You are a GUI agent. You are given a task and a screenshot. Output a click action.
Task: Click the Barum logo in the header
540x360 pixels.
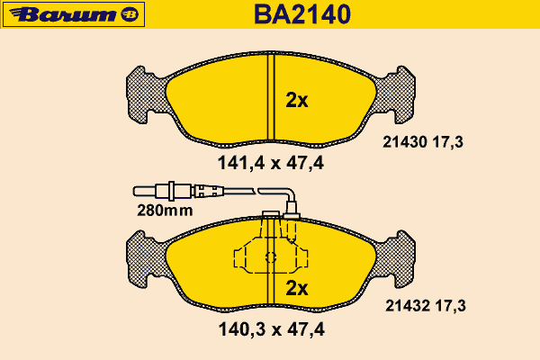(74, 14)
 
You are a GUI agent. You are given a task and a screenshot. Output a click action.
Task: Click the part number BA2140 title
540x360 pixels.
(302, 14)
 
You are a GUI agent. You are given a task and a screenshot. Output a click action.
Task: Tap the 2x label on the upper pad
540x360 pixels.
(297, 100)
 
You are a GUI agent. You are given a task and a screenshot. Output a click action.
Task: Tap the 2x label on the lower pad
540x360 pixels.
(297, 288)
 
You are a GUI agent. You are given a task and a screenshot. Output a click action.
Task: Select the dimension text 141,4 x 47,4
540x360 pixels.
(271, 163)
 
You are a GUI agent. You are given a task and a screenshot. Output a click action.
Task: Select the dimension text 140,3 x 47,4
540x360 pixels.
(272, 329)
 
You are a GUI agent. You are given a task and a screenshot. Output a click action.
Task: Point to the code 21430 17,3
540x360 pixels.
(423, 142)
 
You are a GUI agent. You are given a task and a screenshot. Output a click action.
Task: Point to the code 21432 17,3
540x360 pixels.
(426, 306)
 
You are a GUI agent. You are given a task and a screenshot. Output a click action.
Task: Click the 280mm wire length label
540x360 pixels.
(165, 210)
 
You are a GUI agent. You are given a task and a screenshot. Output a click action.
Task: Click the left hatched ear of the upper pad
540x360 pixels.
(145, 94)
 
